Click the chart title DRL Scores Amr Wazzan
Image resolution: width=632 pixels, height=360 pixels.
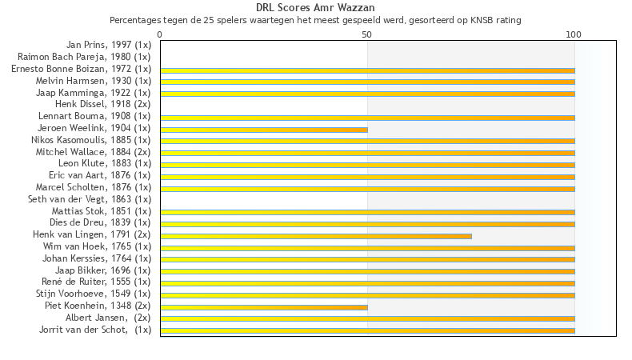(315, 8)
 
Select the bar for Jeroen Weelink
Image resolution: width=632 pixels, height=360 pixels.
(264, 129)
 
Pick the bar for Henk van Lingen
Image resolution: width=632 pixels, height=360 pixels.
(316, 236)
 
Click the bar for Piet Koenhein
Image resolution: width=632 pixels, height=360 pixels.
(264, 306)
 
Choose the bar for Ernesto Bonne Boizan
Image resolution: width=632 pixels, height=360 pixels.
(367, 70)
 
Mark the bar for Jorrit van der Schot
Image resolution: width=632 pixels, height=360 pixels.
(367, 330)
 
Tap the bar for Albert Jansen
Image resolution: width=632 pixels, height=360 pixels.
(367, 318)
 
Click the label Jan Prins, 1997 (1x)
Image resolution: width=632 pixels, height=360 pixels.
(109, 46)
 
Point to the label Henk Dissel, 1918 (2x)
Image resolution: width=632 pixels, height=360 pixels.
(102, 104)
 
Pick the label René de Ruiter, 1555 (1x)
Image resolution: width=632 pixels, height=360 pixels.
(96, 282)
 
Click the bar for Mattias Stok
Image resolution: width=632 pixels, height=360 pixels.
(367, 212)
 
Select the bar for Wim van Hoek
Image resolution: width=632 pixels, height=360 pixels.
(367, 247)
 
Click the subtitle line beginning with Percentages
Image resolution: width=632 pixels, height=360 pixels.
(315, 19)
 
